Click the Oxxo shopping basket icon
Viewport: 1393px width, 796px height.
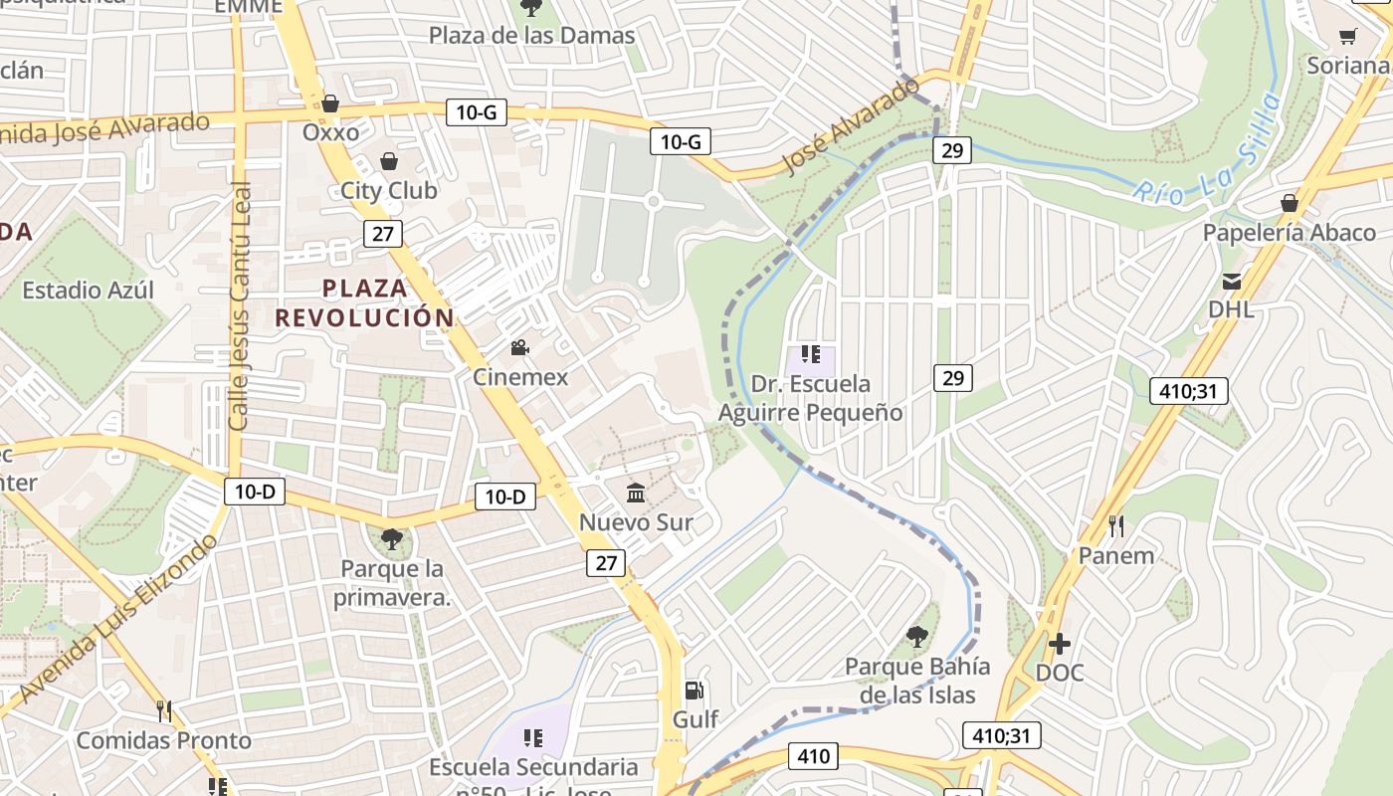tap(330, 103)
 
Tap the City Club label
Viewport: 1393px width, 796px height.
tap(388, 190)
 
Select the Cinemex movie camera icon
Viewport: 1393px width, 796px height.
tap(519, 347)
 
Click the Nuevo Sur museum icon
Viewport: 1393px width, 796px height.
tap(636, 493)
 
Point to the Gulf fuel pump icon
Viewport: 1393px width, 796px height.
tap(695, 690)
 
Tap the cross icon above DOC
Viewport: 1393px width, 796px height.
tap(1060, 644)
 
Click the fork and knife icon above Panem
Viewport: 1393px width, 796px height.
tap(1116, 525)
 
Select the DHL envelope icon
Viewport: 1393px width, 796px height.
tap(1232, 281)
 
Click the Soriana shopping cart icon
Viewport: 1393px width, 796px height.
tap(1348, 37)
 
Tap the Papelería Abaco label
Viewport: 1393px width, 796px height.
tap(1290, 233)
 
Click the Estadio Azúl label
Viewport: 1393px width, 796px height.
tap(89, 291)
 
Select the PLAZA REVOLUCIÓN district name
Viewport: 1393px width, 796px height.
tap(364, 303)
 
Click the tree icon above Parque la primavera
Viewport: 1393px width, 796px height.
tap(392, 539)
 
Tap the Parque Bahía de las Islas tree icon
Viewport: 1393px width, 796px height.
tap(917, 637)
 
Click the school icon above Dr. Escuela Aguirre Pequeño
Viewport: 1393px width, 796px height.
tap(810, 354)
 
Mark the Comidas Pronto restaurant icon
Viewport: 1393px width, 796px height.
tap(164, 711)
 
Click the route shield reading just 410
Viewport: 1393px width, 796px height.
tap(813, 756)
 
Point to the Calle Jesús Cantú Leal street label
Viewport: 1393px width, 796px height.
tap(240, 306)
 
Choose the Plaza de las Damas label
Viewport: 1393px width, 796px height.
tap(531, 36)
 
